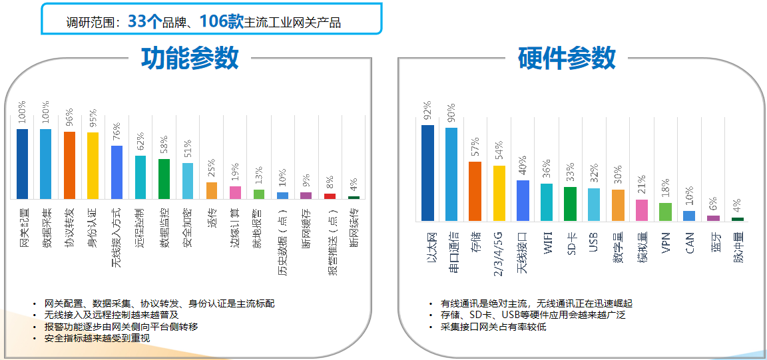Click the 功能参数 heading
click(x=190, y=59)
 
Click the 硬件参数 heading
click(x=567, y=59)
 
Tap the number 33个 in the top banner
click(x=144, y=21)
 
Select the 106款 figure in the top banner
click(x=222, y=21)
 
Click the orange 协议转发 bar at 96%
click(x=69, y=165)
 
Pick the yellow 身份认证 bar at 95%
click(x=93, y=166)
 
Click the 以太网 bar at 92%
click(x=427, y=173)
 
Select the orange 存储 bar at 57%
click(x=475, y=191)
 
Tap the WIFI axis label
click(x=547, y=243)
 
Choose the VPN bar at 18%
click(x=665, y=212)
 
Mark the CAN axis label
click(x=690, y=242)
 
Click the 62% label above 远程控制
click(x=140, y=142)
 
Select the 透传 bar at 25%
click(x=211, y=191)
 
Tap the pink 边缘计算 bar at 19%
click(x=235, y=193)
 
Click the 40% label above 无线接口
click(x=523, y=166)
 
